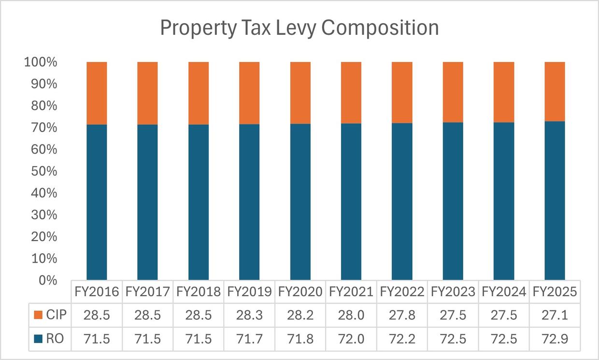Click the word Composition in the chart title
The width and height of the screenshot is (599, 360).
380,29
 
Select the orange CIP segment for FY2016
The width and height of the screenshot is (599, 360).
97,93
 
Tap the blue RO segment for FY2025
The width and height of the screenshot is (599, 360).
555,201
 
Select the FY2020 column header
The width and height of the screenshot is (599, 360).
300,292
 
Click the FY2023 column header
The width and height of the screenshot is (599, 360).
453,292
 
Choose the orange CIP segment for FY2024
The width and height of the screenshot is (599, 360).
504,92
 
